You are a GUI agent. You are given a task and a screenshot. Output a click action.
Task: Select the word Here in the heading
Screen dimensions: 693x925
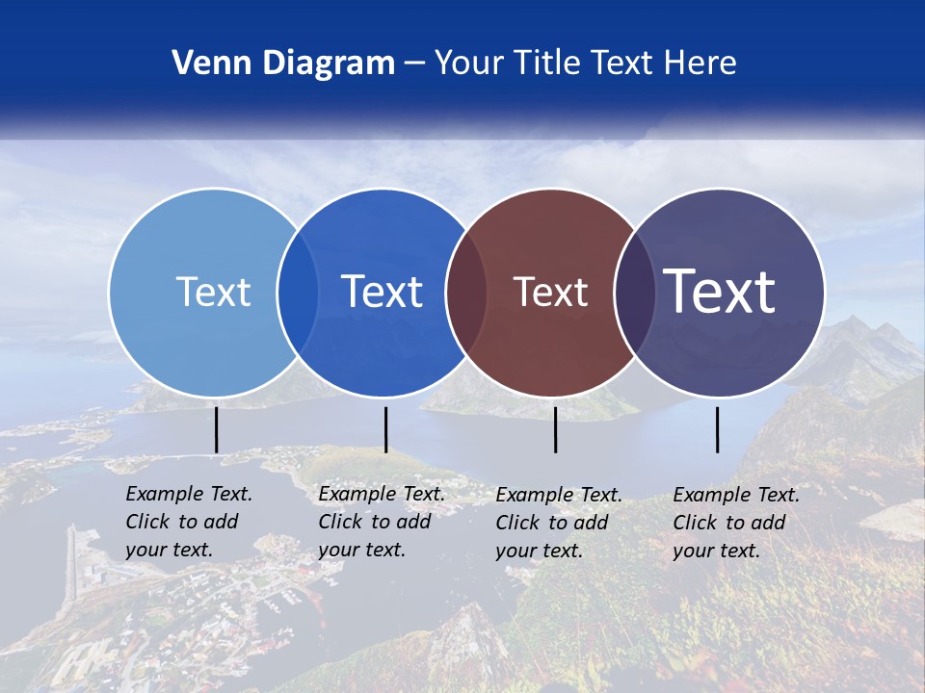702,64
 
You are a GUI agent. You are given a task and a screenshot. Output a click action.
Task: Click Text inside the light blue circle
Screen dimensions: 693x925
213,292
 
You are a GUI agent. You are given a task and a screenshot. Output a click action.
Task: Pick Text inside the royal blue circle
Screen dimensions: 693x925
383,292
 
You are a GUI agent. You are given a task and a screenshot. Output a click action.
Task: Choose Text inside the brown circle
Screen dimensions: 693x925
550,292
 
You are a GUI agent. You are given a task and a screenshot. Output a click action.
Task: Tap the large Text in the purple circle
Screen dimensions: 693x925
720,292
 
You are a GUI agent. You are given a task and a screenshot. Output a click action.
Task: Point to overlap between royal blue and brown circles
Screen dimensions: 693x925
466,293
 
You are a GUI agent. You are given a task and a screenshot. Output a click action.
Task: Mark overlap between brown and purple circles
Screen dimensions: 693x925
635,293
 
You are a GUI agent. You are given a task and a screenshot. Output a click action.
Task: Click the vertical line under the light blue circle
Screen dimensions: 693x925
217,429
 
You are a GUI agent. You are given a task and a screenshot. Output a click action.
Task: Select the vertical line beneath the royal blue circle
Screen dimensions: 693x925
385,429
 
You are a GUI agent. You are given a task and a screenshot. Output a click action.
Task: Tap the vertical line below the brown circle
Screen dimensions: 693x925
555,429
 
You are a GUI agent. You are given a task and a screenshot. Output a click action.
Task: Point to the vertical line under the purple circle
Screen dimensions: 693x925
718,429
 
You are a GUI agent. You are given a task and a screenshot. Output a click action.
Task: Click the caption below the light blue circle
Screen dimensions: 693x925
189,522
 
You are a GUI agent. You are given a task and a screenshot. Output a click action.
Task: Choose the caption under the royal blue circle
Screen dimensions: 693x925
382,522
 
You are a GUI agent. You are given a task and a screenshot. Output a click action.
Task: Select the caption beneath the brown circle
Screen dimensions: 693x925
559,523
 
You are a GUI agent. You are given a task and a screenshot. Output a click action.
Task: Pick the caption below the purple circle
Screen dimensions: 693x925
736,523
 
